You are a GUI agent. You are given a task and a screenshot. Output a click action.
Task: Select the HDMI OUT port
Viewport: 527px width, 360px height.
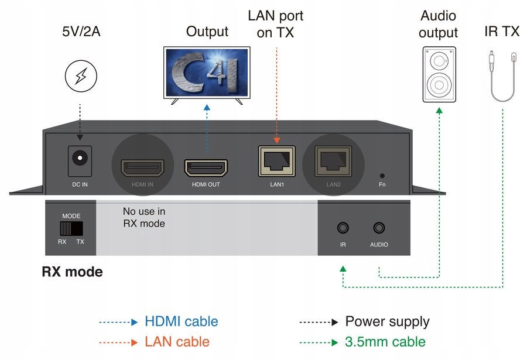point(206,169)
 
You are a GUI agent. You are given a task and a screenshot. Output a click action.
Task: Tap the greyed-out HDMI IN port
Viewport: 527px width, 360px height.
point(142,168)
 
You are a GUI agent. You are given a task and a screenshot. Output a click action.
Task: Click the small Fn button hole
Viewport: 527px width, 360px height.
point(382,175)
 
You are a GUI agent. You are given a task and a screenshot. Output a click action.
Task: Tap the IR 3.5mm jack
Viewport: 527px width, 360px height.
point(343,228)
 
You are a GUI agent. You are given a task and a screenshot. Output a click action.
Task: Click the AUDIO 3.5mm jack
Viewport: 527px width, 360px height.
point(379,228)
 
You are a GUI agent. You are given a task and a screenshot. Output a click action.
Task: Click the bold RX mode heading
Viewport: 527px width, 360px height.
point(72,272)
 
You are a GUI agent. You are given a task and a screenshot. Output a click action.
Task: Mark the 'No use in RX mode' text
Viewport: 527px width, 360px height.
point(143,217)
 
